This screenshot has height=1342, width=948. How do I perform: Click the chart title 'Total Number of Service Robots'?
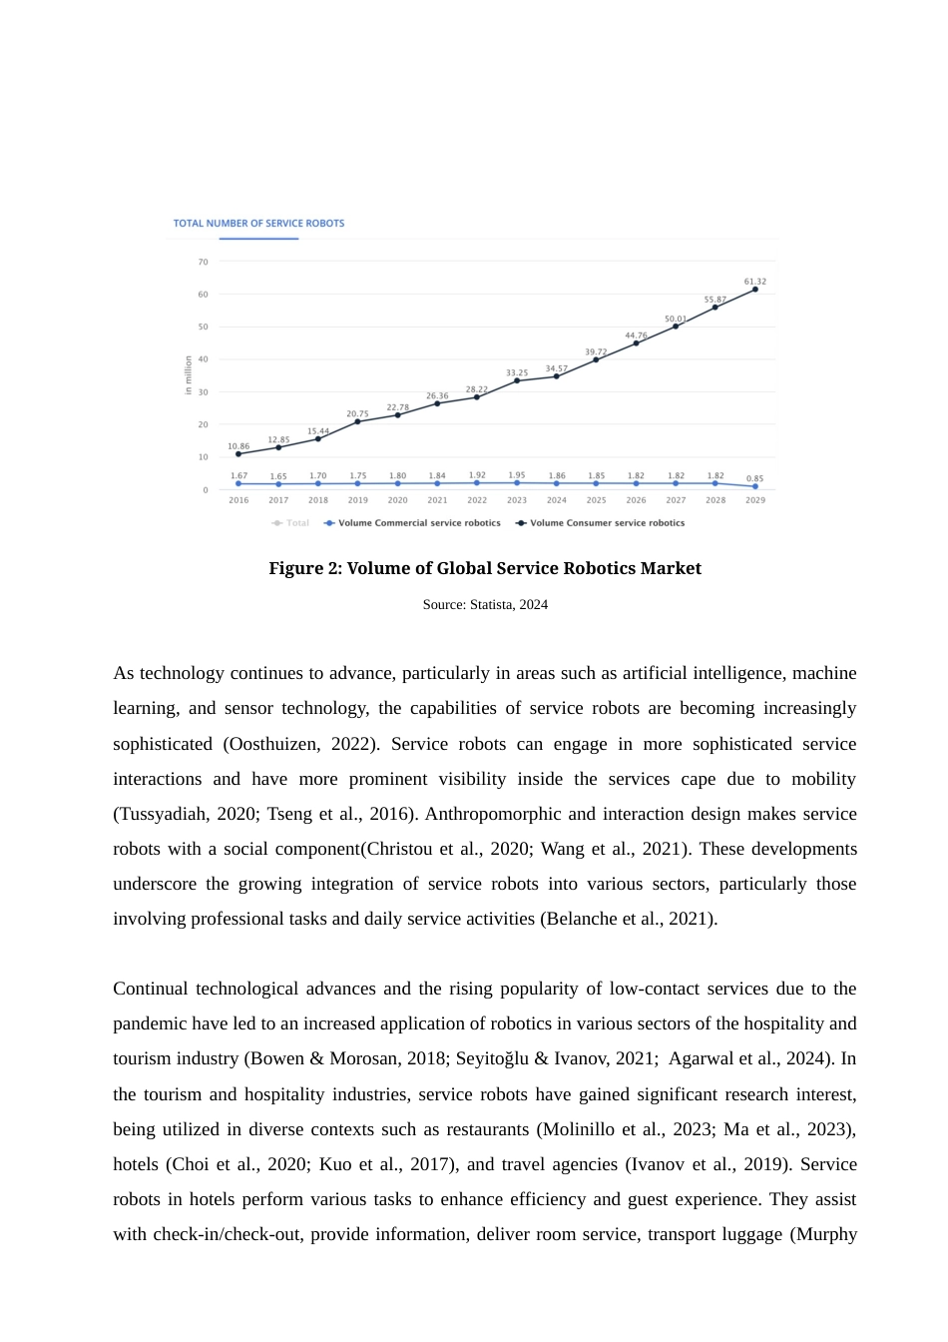coord(258,223)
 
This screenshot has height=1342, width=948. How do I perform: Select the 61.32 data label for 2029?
coord(754,282)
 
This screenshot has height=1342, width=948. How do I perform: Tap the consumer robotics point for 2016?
coord(238,454)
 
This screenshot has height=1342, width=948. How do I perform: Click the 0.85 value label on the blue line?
coord(755,478)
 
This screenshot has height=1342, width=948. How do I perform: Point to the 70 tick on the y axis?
coord(204,262)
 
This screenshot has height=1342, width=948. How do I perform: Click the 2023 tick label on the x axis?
coord(517,500)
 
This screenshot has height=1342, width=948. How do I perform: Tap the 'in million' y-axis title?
coord(188,375)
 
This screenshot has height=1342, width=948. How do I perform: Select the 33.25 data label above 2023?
coord(517,372)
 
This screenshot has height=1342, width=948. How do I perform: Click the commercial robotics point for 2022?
coord(477,483)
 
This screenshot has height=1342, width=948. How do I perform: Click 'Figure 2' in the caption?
coord(304,568)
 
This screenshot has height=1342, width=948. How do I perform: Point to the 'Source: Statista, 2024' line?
coord(485,604)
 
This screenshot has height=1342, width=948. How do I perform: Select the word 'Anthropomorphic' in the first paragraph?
coord(488,814)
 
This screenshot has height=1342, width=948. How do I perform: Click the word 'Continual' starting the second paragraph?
coord(150,989)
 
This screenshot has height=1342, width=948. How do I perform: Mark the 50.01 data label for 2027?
coord(676,319)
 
